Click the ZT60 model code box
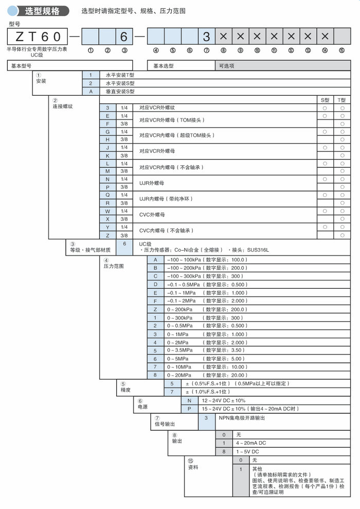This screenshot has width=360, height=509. [x=37, y=37]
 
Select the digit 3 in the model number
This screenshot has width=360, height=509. [x=206, y=37]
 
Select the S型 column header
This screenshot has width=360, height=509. [x=325, y=100]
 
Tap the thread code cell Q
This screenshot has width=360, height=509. [x=107, y=195]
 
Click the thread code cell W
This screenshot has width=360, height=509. [x=107, y=211]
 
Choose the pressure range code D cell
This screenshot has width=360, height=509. [x=155, y=284]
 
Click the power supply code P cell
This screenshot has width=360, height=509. [x=189, y=408]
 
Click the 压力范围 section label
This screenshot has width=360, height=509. [x=114, y=266]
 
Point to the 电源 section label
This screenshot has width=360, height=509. [x=142, y=407]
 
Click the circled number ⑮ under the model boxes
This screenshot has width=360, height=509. [x=342, y=50]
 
